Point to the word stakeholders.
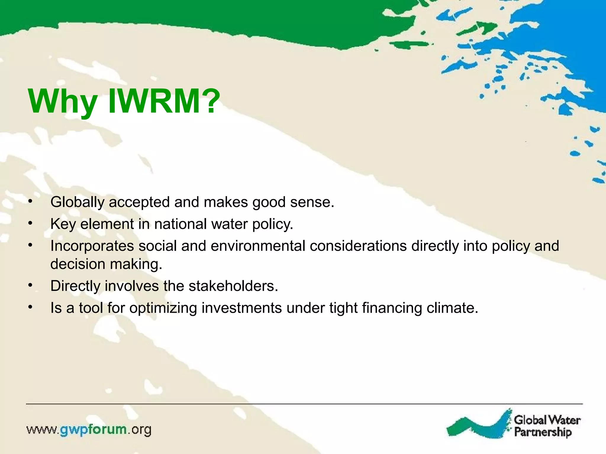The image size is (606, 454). (233, 286)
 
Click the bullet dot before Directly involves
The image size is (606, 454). (30, 286)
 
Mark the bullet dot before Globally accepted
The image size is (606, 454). (30, 202)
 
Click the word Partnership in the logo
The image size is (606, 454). (543, 432)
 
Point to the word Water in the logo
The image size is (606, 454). (564, 420)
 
